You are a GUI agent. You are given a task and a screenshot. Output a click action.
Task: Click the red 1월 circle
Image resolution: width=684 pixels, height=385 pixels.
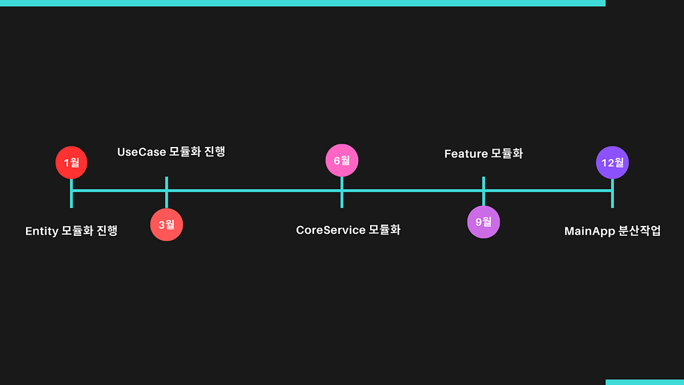71,162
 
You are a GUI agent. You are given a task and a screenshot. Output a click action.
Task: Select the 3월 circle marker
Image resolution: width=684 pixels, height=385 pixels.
166,225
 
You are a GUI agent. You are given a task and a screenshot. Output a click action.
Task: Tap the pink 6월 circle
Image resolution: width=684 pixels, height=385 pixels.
342,160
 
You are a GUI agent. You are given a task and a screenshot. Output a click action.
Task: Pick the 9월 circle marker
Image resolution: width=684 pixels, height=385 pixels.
484,222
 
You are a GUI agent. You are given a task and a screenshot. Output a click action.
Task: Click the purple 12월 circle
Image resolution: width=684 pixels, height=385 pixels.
613,162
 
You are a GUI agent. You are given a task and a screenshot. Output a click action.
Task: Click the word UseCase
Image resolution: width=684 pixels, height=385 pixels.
142,152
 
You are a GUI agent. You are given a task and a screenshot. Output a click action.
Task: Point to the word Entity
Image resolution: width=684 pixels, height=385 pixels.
42,231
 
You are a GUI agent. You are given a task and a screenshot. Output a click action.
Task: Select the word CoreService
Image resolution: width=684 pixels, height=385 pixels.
331,230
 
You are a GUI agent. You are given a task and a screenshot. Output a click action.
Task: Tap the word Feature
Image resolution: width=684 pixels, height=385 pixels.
466,154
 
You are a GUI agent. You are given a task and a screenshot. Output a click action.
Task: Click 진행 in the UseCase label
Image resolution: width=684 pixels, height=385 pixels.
214,152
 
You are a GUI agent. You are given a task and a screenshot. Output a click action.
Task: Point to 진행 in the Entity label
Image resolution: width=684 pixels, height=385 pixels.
107,231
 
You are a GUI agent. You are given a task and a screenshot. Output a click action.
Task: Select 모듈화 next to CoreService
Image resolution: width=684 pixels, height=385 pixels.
384,230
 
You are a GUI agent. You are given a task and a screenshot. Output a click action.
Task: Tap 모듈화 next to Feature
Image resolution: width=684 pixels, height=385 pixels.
507,153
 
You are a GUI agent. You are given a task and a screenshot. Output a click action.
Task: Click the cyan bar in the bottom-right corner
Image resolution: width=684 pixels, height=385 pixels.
645,382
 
